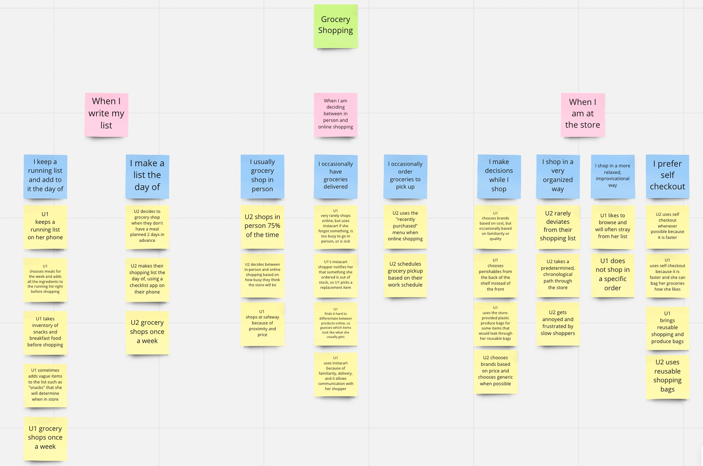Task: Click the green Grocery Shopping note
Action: coord(335,26)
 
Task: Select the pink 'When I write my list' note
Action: coord(106,115)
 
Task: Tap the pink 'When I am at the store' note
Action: coord(582,115)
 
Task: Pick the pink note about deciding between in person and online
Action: coord(335,115)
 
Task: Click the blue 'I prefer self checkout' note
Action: coord(667,176)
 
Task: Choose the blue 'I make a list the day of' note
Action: coord(147,176)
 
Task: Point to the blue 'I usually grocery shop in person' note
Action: coord(262,176)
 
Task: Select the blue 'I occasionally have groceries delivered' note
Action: coord(335,176)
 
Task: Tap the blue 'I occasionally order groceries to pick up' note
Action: coord(405,176)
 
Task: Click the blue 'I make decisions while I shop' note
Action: coord(499,176)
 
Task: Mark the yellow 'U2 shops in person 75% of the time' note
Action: coord(262,226)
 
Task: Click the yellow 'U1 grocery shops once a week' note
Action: coord(45,438)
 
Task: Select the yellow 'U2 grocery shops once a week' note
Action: coord(147,332)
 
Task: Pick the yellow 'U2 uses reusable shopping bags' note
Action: coord(667,377)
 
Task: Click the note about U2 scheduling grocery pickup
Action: coord(405,275)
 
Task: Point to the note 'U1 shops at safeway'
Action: coord(262,324)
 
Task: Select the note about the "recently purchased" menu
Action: coord(405,226)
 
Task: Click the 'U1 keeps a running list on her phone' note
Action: coord(45,226)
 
